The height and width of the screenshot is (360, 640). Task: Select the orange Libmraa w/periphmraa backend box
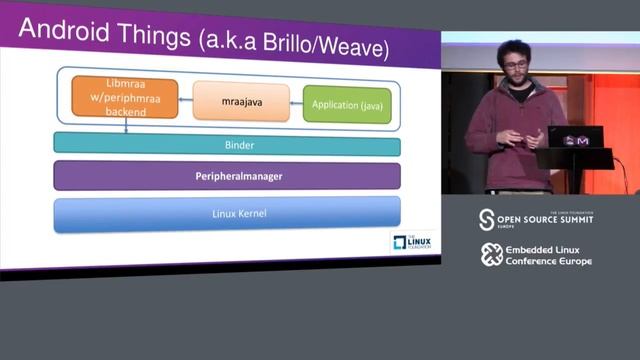tap(124, 97)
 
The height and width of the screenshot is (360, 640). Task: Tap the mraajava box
tap(241, 101)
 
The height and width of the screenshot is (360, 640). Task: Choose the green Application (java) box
tap(347, 104)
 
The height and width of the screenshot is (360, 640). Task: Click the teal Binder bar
tap(227, 145)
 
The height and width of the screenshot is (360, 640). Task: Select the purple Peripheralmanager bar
tap(227, 175)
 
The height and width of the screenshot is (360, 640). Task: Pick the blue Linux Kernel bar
tap(227, 213)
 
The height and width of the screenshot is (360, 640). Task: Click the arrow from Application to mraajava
tap(296, 103)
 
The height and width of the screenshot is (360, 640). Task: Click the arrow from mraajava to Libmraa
tap(185, 99)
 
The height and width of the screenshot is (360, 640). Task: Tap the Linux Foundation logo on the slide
tap(410, 242)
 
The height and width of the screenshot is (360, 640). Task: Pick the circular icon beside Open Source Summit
tap(487, 219)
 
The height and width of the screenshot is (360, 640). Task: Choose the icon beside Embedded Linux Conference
tap(490, 254)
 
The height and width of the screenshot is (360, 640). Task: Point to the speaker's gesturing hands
tap(531, 137)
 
